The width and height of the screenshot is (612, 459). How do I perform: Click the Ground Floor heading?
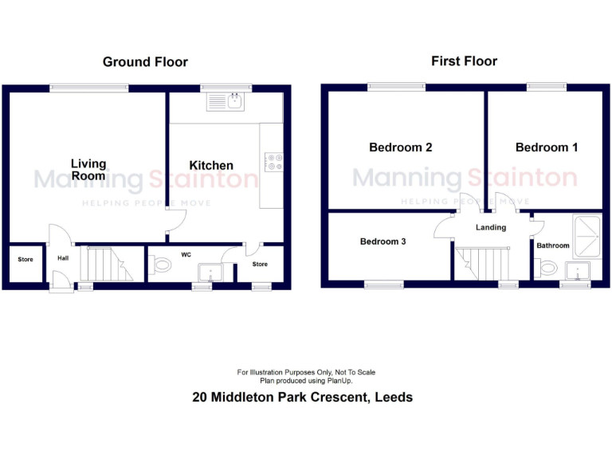tap(145, 61)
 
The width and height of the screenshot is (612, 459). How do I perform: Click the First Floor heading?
tap(464, 61)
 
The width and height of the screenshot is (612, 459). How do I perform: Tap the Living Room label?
tap(88, 169)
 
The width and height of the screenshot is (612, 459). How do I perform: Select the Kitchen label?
tap(211, 166)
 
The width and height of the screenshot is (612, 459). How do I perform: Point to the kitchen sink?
tap(227, 101)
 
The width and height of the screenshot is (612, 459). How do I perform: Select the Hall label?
tap(62, 258)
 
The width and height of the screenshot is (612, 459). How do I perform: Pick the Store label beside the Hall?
tap(25, 259)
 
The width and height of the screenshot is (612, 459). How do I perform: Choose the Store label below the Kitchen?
tap(260, 264)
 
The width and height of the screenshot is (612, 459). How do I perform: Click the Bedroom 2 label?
tap(400, 147)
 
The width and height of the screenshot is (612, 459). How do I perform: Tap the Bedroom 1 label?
tap(547, 147)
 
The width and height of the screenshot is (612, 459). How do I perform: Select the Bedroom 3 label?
tap(382, 241)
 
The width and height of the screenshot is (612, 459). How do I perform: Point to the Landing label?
tap(491, 228)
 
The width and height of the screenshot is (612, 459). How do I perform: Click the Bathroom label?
tap(552, 245)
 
